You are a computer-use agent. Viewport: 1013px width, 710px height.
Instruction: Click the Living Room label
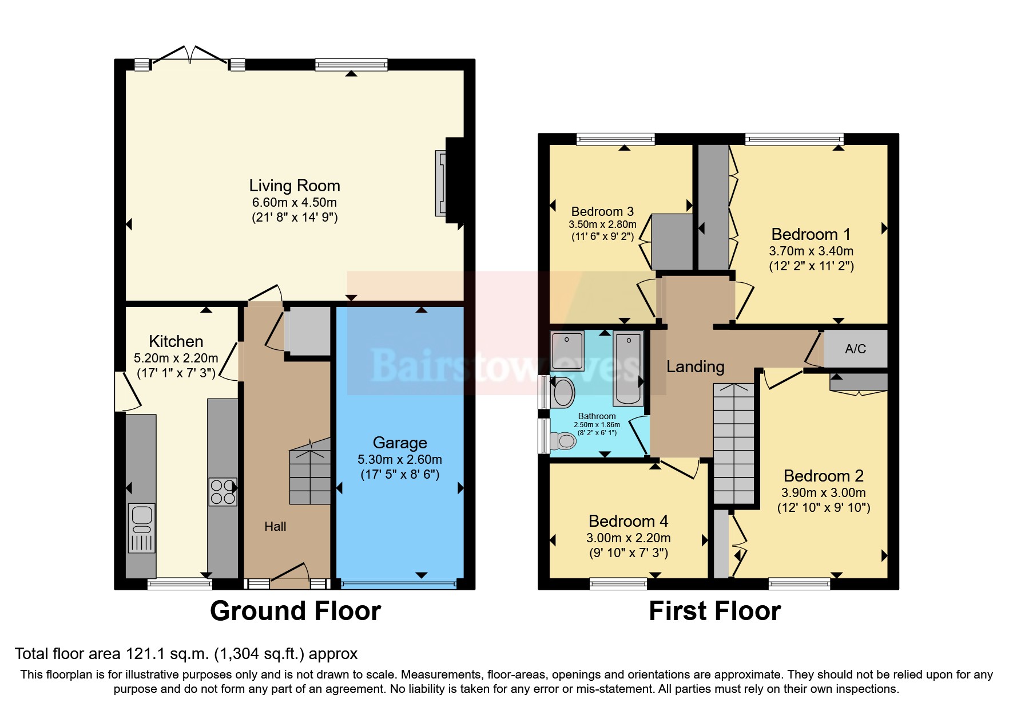295,186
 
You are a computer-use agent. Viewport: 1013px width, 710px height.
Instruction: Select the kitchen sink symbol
141,527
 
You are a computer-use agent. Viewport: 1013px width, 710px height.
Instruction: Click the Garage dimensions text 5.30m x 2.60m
400,459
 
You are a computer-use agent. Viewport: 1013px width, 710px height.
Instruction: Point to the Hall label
275,526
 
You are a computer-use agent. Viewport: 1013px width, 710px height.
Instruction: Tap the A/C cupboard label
855,349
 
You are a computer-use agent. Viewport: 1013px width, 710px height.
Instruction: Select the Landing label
695,366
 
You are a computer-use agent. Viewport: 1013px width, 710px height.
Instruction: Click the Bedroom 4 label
628,521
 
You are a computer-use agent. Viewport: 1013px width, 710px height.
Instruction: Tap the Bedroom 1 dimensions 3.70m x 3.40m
811,251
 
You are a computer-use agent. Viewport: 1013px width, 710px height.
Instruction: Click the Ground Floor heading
295,611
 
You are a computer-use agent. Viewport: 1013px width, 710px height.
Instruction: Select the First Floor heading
714,611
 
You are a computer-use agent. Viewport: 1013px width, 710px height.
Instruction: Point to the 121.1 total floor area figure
145,654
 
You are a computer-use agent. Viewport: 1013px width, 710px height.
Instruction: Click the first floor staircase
734,444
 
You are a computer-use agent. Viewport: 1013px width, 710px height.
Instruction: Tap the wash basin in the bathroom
564,393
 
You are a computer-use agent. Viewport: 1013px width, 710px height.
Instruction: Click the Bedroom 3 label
602,211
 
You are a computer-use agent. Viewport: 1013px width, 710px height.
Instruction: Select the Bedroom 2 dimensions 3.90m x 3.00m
823,492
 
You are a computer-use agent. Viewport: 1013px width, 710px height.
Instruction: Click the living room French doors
190,56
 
